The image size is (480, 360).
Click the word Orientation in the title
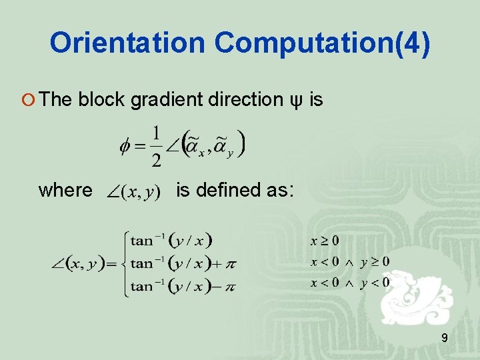127,43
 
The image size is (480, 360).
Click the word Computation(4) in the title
323,43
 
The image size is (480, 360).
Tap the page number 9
444,339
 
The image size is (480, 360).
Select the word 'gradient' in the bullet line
169,100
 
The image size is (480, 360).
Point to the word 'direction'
245,100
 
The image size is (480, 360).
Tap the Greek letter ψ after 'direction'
297,101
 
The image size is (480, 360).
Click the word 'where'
65,190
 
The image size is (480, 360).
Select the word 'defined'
231,190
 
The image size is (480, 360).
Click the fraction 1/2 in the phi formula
156,147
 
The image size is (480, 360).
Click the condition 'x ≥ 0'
325,240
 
